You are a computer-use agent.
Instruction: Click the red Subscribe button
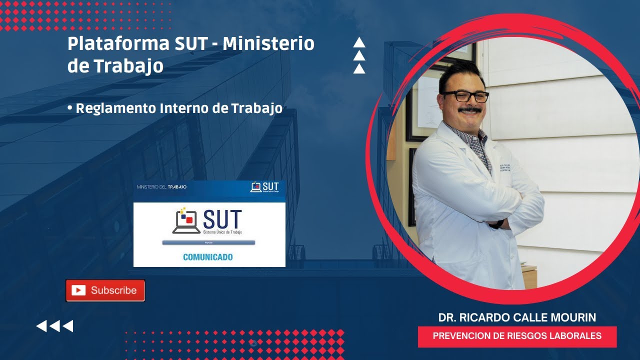[x=105, y=290]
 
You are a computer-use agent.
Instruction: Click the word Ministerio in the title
[x=268, y=44]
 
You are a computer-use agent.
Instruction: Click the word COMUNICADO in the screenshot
[x=207, y=257]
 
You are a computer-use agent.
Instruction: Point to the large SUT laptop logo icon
[x=186, y=221]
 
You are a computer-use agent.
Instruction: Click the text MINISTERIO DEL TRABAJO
[x=161, y=187]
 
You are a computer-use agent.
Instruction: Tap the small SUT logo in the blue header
[x=264, y=187]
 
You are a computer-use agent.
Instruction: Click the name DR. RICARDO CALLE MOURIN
[x=517, y=317]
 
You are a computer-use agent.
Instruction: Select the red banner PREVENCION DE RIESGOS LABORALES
[x=517, y=336]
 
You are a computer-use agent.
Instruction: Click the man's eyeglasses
[x=465, y=96]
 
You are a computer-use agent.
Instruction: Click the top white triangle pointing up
[x=359, y=43]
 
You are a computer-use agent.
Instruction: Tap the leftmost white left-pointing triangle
[x=41, y=326]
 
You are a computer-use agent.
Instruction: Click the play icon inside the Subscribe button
[x=78, y=290]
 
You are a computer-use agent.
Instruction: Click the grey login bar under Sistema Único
[x=208, y=242]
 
